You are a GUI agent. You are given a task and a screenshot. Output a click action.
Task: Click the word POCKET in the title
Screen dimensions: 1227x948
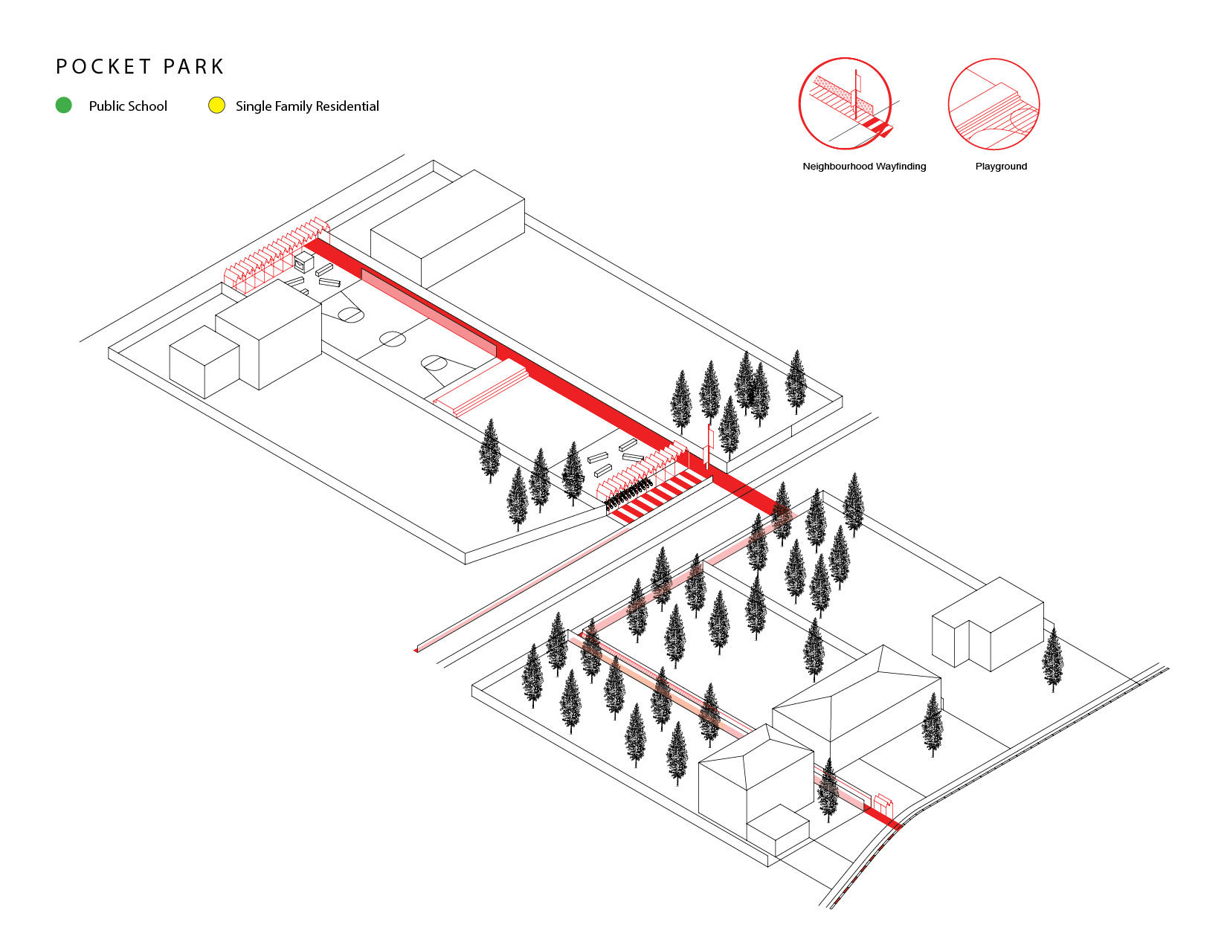[103, 67]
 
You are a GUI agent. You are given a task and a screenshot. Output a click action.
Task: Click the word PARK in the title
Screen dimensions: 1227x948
[193, 67]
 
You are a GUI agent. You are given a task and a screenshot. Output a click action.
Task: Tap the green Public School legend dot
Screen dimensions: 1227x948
[64, 106]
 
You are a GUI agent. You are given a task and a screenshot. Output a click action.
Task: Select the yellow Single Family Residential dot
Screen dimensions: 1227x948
[216, 106]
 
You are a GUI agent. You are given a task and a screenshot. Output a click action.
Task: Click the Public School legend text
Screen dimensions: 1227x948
[128, 106]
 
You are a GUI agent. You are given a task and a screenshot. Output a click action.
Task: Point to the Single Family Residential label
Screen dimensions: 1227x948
[307, 106]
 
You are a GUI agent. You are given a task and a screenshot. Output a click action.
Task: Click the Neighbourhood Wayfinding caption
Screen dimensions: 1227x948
[864, 167]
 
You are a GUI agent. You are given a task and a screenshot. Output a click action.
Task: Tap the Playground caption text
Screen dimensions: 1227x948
[1001, 167]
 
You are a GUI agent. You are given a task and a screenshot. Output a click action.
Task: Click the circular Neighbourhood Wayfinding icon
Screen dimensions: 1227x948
[846, 103]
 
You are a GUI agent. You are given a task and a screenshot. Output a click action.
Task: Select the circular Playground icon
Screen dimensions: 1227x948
[993, 104]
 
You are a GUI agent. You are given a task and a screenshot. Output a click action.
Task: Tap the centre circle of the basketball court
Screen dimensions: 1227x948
[392, 339]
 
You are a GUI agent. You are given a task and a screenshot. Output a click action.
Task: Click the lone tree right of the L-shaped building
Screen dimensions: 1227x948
[1052, 659]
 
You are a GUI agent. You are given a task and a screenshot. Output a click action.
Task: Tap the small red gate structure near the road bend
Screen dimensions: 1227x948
[882, 804]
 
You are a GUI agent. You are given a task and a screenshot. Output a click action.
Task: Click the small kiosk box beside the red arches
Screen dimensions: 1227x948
[303, 262]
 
